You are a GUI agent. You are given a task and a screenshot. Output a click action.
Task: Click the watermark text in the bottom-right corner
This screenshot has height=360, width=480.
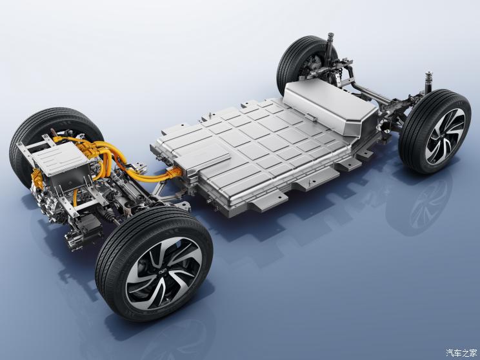(x=461, y=353)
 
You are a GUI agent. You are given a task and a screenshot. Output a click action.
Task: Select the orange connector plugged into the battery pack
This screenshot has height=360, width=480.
(x=174, y=172)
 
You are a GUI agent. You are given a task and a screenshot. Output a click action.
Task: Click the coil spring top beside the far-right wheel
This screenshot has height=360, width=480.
(x=428, y=79)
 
